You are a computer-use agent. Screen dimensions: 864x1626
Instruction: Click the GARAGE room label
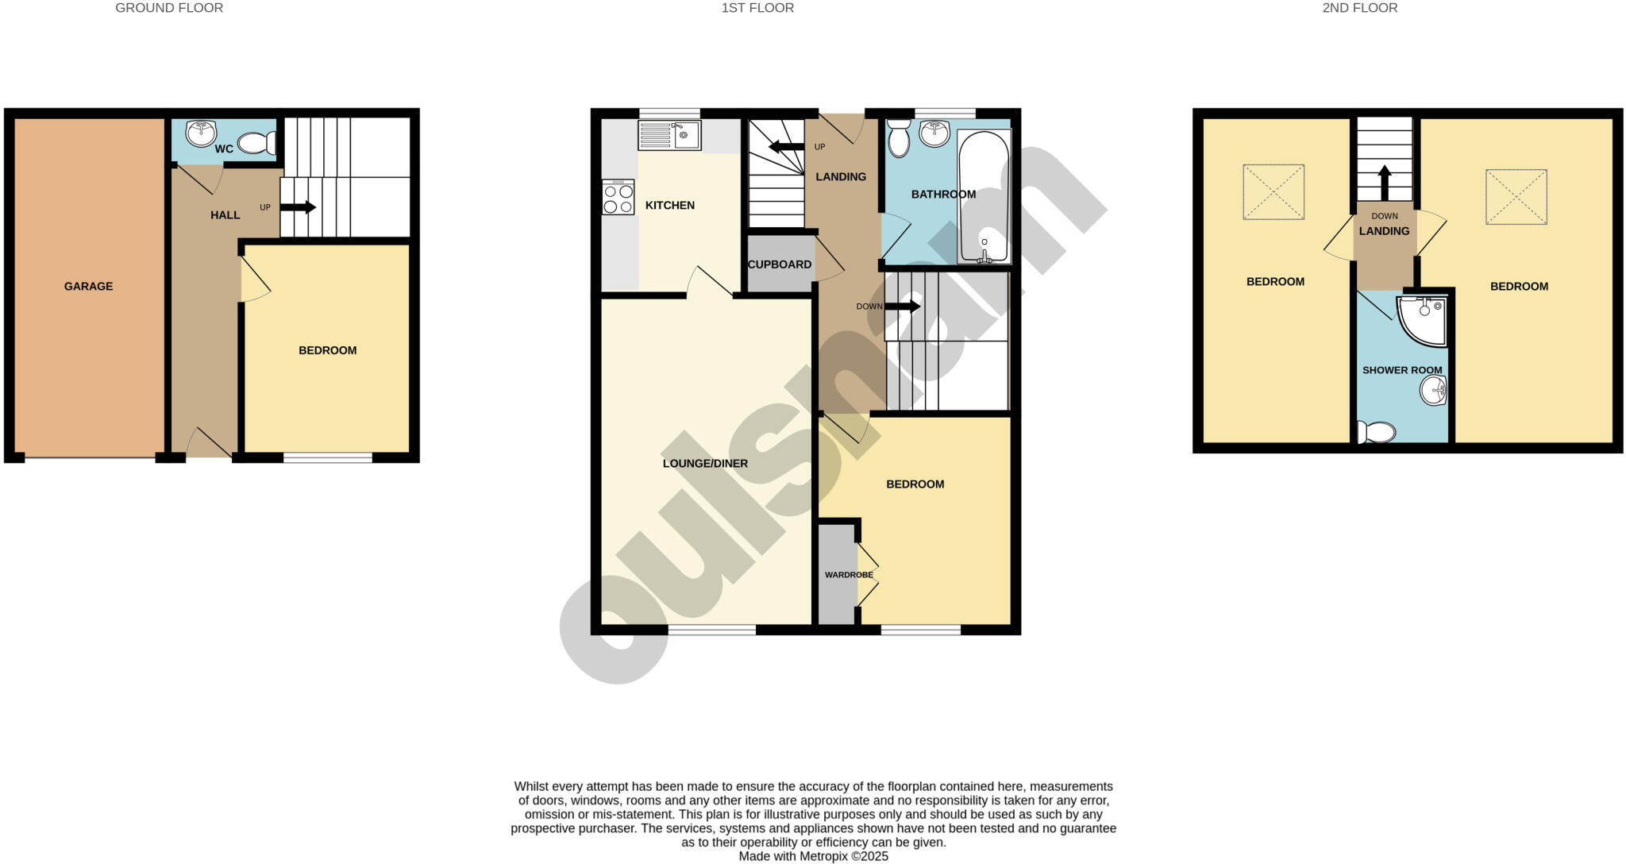(88, 287)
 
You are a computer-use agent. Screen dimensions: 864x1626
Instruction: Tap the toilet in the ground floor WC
(256, 143)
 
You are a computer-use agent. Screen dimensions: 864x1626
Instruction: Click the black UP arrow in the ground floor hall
(298, 207)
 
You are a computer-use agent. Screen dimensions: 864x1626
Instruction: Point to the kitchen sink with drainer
(669, 135)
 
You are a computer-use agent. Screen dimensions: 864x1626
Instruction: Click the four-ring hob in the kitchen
(618, 198)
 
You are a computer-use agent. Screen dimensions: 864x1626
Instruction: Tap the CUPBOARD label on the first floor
(780, 264)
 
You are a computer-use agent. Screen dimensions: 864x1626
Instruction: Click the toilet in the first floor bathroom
(899, 138)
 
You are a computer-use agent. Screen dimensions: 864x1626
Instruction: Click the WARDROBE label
(849, 575)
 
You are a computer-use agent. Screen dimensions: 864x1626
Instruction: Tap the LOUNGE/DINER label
(705, 464)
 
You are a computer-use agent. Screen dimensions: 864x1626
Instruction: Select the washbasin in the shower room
(1433, 390)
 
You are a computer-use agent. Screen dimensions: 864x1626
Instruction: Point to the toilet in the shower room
(1376, 433)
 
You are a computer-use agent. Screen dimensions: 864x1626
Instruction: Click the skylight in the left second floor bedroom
(1273, 192)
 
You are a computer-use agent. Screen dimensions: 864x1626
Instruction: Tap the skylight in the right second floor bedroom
(1516, 197)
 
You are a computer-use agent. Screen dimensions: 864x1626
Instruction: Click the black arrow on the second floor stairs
(1385, 183)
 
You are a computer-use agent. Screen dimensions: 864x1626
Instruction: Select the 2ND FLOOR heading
(1360, 8)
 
